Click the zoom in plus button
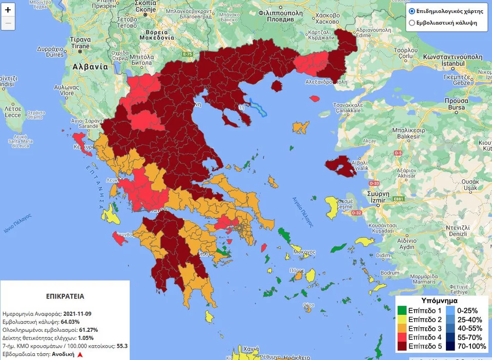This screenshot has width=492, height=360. (x=8, y=10)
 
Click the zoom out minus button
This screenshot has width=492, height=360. (x=8, y=23)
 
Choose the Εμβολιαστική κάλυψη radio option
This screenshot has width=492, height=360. (x=412, y=23)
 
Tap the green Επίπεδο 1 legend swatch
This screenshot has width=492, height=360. (x=403, y=310)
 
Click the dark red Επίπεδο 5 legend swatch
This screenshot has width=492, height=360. (x=403, y=347)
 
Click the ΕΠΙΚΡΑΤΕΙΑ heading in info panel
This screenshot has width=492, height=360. (x=65, y=296)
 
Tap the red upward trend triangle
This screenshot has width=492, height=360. (x=79, y=355)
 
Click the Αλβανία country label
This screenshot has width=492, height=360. (x=90, y=67)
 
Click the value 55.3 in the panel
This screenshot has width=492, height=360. (x=122, y=346)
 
